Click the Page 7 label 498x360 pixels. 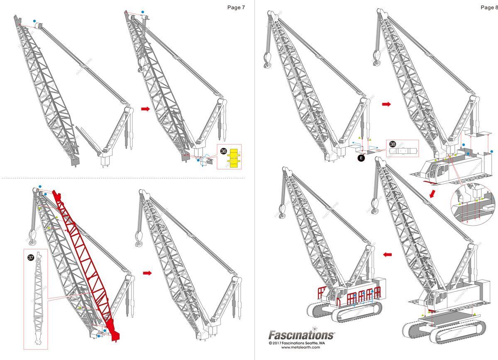(x=236, y=7)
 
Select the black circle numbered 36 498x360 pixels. (x=224, y=152)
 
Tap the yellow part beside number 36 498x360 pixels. (x=234, y=158)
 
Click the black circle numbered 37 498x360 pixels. (x=31, y=258)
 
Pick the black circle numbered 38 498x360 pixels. (x=393, y=144)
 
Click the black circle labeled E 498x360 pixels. (x=361, y=158)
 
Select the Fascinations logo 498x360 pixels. (x=301, y=335)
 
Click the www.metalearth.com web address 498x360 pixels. (x=301, y=348)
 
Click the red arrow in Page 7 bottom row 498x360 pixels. (x=147, y=273)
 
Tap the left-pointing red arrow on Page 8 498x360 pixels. (x=387, y=254)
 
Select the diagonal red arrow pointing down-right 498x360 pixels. (x=433, y=194)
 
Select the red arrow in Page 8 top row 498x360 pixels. (x=386, y=105)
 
